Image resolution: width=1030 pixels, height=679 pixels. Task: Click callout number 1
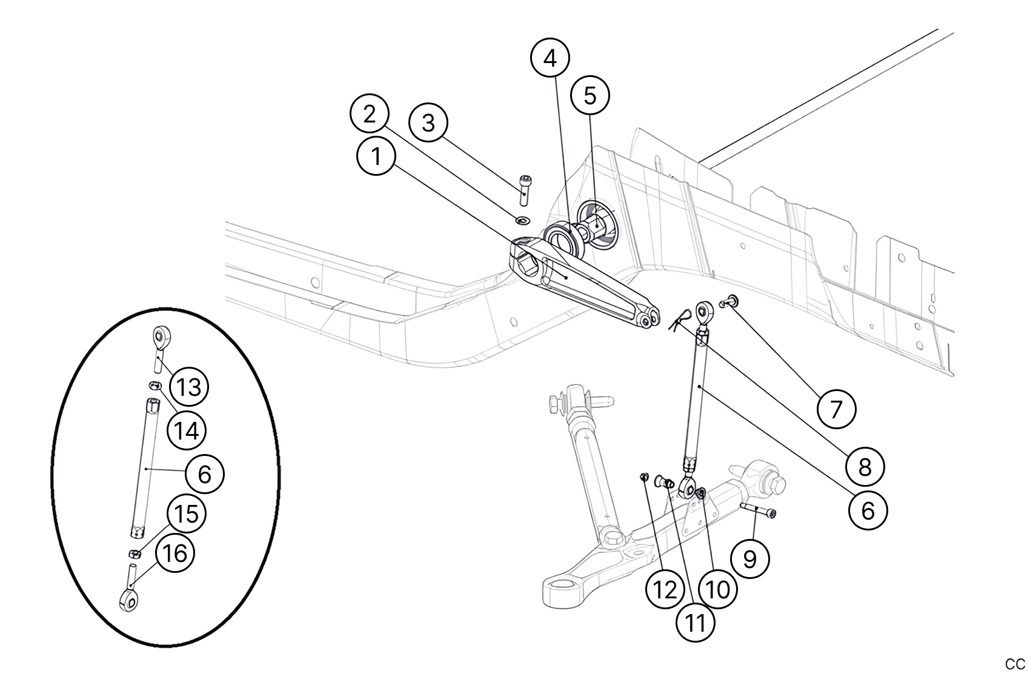coord(376,156)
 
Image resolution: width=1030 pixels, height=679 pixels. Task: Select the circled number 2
coord(370,115)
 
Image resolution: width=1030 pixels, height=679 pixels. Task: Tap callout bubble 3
coord(428,123)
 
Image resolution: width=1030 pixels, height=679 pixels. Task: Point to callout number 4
coord(550,59)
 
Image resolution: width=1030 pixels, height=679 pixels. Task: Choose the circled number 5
coord(590,95)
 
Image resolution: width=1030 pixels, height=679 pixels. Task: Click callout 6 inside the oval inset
coord(204,473)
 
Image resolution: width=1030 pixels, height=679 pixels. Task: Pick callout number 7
coord(836,409)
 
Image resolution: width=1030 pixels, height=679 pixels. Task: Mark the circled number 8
coord(865,467)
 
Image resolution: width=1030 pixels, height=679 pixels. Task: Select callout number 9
coord(749,558)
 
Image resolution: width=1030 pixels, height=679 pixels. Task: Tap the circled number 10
coord(718,588)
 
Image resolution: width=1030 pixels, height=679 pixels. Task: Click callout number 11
coord(695,622)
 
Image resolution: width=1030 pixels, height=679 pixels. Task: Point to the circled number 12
coord(665,589)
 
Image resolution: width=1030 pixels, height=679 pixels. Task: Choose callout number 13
coord(188,386)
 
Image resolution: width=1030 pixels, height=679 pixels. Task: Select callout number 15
coord(186,513)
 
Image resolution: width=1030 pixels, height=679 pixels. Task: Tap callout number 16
coord(176,553)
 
